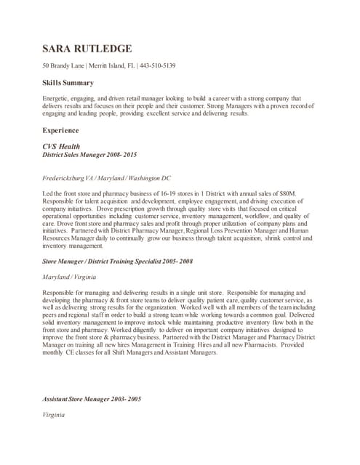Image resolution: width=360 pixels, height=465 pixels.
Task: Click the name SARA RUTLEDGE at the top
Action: [x=87, y=49]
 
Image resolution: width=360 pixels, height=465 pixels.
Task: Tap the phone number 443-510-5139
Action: [x=156, y=66]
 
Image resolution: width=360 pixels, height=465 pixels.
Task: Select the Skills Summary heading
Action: [x=68, y=83]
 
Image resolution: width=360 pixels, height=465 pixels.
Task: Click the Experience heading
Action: [x=60, y=130]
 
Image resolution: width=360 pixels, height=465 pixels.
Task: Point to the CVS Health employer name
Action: [x=61, y=146]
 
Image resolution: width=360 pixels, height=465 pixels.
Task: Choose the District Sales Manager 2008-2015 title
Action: [x=89, y=155]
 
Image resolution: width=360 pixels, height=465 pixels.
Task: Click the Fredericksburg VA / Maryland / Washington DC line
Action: [x=107, y=178]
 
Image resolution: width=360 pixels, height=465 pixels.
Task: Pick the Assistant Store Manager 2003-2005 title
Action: [x=92, y=400]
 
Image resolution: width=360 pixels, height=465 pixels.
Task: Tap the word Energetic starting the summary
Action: [x=57, y=98]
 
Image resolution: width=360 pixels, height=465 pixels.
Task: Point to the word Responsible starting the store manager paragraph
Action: [x=61, y=291]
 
